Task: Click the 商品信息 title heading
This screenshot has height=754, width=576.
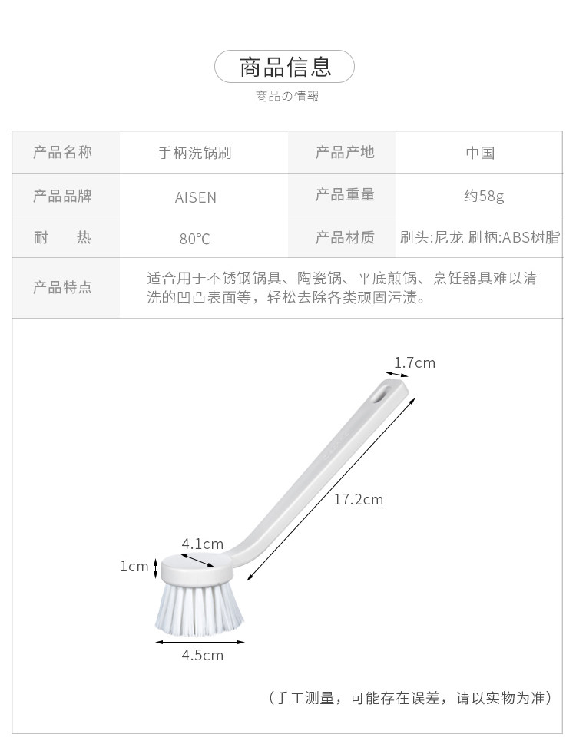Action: click(285, 67)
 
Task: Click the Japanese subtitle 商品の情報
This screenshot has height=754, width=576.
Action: click(286, 97)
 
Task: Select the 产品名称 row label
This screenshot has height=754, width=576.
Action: click(62, 153)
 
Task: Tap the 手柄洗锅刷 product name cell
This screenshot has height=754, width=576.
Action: click(194, 153)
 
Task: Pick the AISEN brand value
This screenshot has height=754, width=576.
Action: click(196, 197)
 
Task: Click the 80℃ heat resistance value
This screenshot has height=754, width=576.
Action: click(195, 239)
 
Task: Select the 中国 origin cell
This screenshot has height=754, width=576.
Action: click(480, 153)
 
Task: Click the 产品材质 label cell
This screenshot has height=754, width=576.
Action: click(345, 238)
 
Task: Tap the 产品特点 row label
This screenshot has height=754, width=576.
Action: click(62, 288)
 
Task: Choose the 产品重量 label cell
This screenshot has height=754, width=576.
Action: click(345, 196)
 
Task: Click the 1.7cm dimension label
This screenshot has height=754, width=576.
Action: click(415, 362)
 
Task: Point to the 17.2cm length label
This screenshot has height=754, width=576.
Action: click(358, 500)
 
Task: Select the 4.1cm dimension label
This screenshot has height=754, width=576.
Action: click(202, 544)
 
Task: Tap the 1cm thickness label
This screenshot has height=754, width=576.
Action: click(134, 567)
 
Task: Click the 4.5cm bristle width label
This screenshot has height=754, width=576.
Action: click(202, 655)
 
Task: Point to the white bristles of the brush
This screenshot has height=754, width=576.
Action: click(199, 605)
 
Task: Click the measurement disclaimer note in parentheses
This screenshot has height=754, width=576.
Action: click(409, 698)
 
